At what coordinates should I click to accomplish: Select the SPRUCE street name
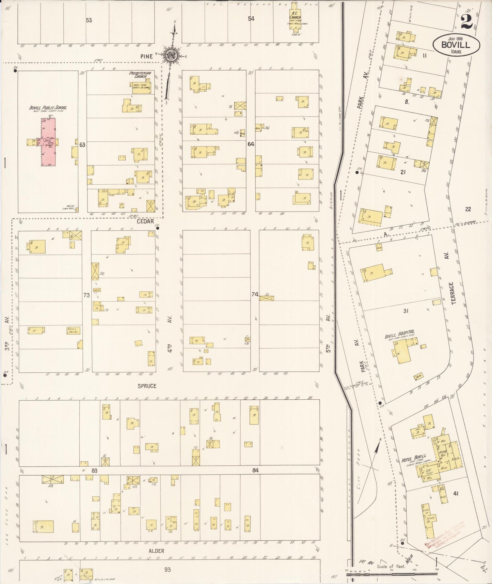[147, 386]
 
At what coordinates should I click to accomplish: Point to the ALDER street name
[157, 551]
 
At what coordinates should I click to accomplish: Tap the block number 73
[86, 295]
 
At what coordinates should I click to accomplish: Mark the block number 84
[255, 470]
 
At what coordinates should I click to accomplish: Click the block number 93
[167, 569]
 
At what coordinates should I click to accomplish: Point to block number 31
[406, 311]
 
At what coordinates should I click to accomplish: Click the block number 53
[89, 20]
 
